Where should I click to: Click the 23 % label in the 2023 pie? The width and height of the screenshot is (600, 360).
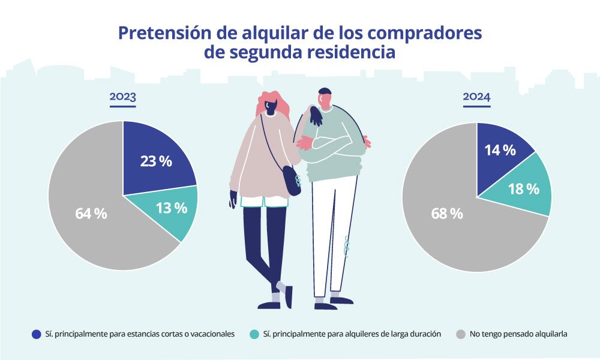[156, 161]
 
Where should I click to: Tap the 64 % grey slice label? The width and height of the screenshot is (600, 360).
[91, 213]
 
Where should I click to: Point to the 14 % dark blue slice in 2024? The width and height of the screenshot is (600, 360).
[500, 151]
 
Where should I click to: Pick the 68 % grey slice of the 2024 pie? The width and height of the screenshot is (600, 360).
[447, 213]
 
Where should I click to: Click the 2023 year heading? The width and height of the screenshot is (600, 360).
[122, 97]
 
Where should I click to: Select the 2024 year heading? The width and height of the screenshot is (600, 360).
[476, 97]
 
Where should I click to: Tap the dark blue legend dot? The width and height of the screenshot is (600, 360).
[36, 334]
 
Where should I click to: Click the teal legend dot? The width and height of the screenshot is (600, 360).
[254, 334]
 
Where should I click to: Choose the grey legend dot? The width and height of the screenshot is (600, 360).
[461, 334]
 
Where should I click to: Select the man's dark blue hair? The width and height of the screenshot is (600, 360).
[325, 93]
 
